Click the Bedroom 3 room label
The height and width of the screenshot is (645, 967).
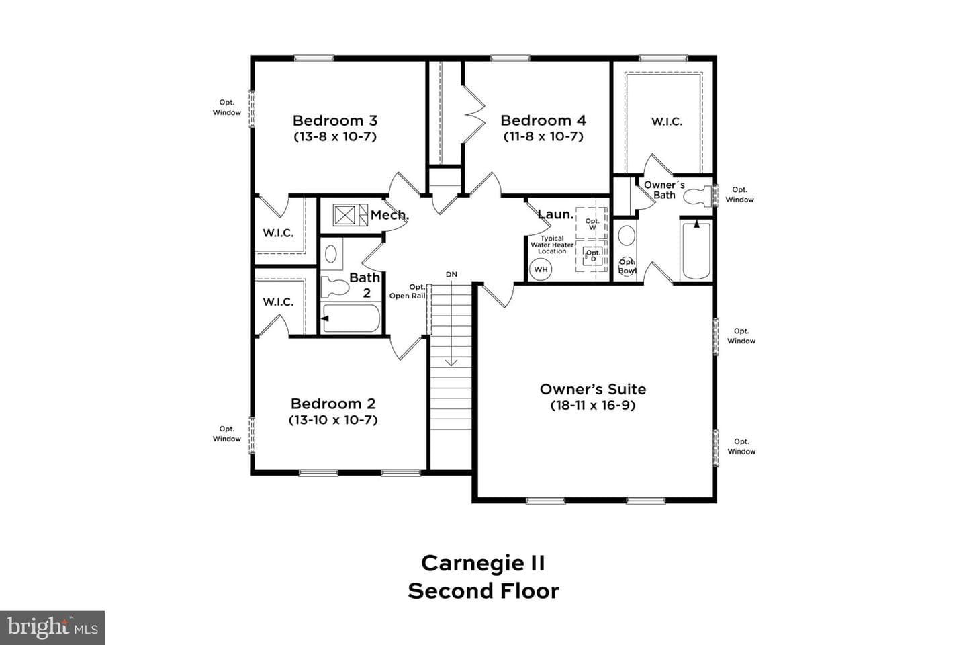(x=335, y=120)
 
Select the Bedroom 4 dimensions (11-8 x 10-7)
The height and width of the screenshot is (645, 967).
(x=543, y=136)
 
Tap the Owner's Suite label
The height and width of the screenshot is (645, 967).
(x=593, y=389)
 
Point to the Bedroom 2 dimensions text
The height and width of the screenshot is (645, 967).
(x=333, y=420)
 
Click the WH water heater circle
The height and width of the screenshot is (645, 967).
(x=541, y=269)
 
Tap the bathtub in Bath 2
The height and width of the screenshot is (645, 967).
(x=351, y=318)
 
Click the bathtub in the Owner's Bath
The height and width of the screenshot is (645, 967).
(x=696, y=250)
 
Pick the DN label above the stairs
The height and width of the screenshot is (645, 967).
(x=451, y=274)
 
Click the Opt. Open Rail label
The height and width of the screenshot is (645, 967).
(x=408, y=291)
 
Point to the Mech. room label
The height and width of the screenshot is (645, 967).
(x=389, y=215)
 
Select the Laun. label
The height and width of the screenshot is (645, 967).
(x=555, y=214)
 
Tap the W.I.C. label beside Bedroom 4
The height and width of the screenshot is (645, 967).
(x=667, y=122)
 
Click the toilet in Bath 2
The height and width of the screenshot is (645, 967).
(x=335, y=288)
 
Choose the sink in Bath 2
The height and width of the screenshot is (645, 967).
(x=331, y=254)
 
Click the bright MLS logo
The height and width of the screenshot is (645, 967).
(x=52, y=628)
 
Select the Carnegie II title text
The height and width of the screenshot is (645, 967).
(x=483, y=563)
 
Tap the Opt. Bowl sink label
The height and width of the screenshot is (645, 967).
(x=627, y=267)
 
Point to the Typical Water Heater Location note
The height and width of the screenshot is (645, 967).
(x=552, y=245)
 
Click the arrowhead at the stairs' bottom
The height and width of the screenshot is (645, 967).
(x=451, y=363)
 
